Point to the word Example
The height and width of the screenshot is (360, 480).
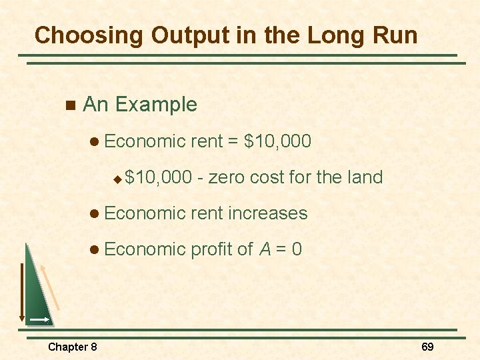click(156, 105)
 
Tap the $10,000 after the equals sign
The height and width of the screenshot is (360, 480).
click(278, 141)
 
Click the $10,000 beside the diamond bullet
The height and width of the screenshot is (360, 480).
click(157, 177)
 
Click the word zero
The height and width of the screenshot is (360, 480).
click(230, 177)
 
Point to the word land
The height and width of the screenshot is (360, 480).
click(365, 177)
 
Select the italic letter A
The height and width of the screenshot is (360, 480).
click(265, 249)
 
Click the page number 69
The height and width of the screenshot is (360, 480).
click(427, 347)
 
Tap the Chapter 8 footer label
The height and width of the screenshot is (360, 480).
click(73, 347)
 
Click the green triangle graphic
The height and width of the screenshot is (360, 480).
click(37, 293)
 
